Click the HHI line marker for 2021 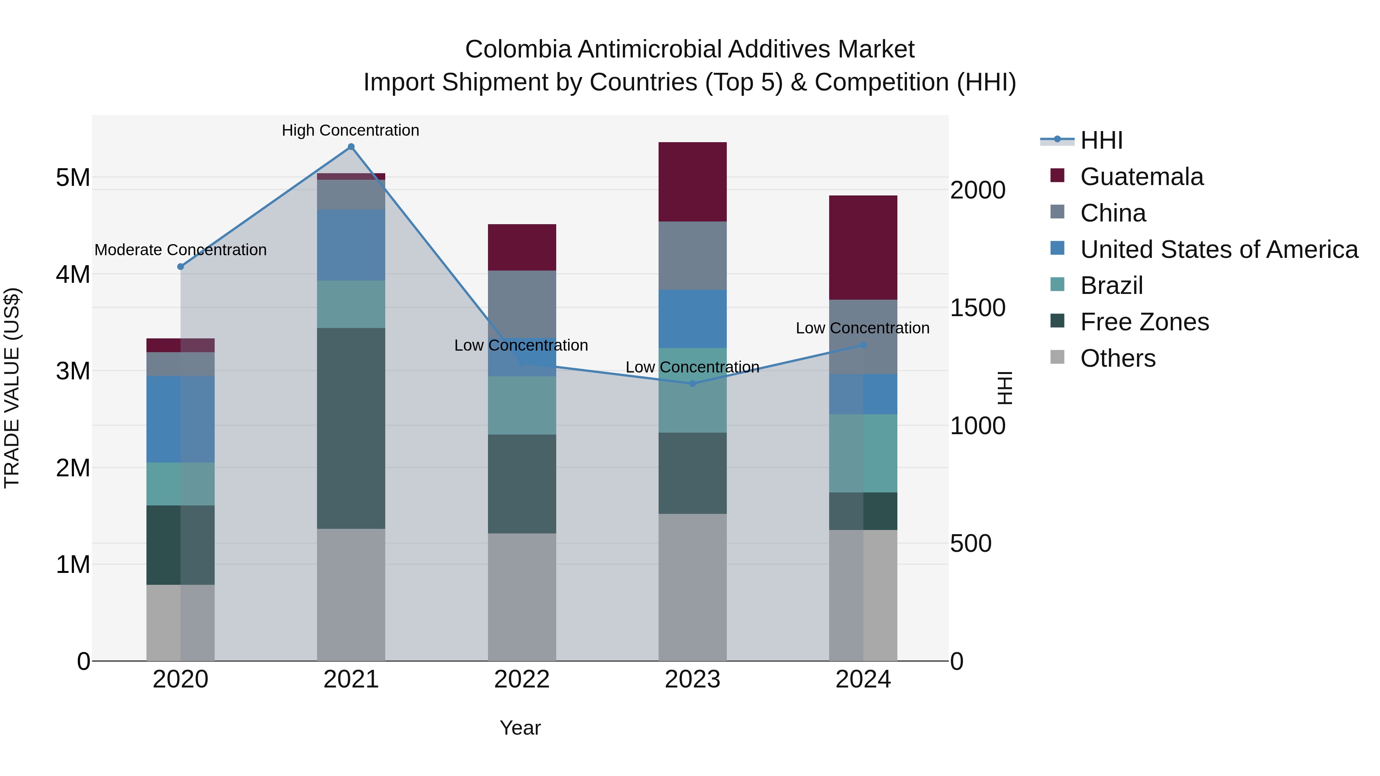tap(351, 147)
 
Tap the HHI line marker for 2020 tap(181, 267)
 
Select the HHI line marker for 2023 tap(692, 384)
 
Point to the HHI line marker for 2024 tap(863, 345)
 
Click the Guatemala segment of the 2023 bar tap(692, 182)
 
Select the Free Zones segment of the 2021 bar tap(351, 428)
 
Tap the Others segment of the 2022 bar tap(522, 597)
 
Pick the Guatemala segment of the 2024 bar tap(863, 248)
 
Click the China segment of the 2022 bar tap(522, 303)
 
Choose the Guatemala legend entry tap(1141, 177)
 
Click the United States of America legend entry tap(1219, 249)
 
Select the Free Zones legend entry tap(1144, 322)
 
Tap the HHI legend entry tap(1101, 140)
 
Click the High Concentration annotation tap(350, 130)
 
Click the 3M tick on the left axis tap(73, 371)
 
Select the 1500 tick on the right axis tap(978, 308)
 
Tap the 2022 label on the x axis tap(522, 679)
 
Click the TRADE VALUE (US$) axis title tap(12, 388)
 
